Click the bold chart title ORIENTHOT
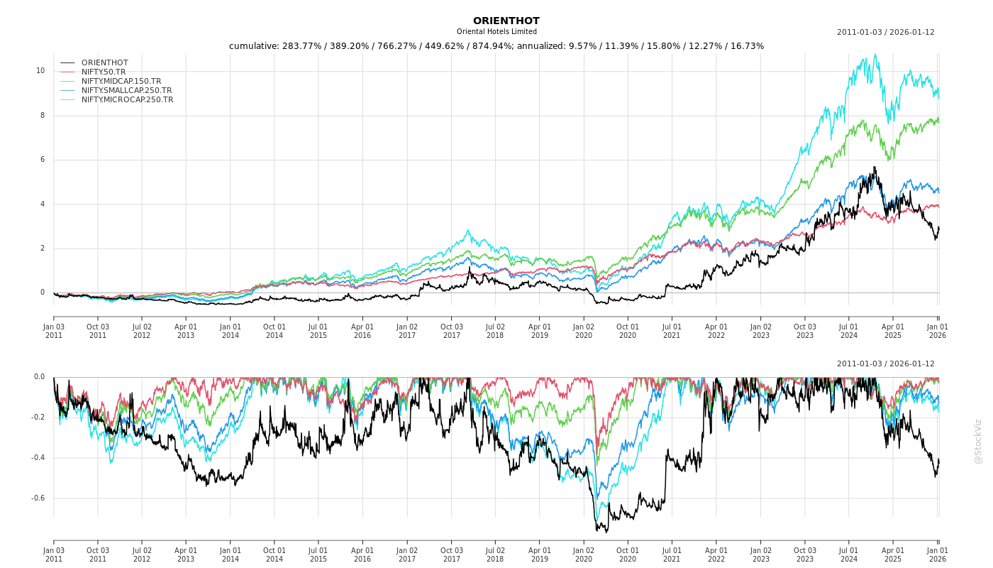coord(506,21)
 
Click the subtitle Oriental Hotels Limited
coord(496,32)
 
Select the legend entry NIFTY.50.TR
coord(104,72)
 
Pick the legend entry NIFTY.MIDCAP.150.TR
coord(121,81)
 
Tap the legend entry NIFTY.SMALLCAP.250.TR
coord(126,90)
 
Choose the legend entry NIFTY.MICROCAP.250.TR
coord(127,99)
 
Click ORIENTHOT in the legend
coord(104,62)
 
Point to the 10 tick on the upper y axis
coord(40,71)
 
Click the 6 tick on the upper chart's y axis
coord(42,160)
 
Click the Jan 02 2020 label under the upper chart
coord(584,331)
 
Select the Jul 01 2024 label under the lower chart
coord(849,555)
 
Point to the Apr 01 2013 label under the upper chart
coord(186,331)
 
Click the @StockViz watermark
coord(978,441)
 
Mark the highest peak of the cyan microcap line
coord(875,54)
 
